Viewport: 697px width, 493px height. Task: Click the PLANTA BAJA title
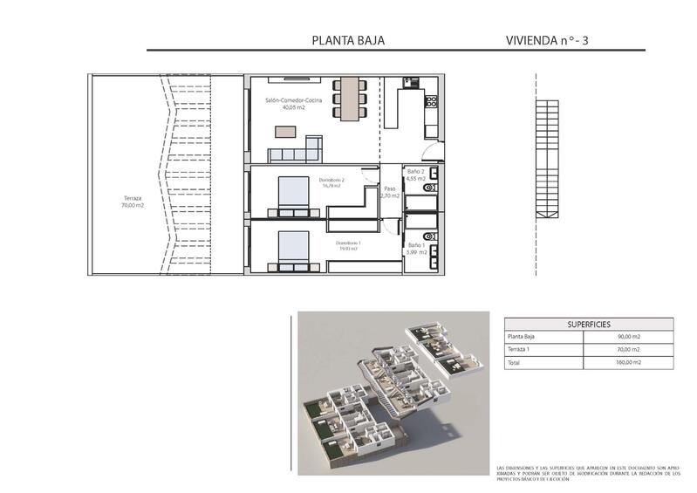tap(348, 40)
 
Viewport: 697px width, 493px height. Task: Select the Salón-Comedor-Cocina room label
tap(294, 105)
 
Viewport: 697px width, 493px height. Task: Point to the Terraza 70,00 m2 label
tap(133, 202)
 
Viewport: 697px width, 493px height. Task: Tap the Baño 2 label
tap(416, 175)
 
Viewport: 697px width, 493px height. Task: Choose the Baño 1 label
tap(416, 249)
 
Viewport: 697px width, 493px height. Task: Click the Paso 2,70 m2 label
tap(390, 192)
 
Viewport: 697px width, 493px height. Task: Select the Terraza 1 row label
tap(519, 349)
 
